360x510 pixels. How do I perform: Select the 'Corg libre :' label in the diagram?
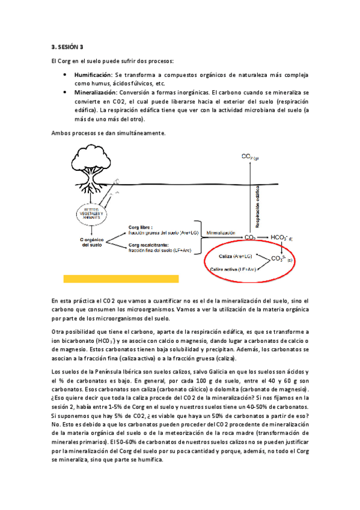(x=142, y=227)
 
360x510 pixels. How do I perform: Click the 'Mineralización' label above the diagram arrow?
(x=222, y=232)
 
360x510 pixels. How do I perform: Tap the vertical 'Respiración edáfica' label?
(x=257, y=199)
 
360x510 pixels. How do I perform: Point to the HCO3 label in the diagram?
(x=282, y=238)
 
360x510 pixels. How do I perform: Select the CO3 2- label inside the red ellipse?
(x=281, y=259)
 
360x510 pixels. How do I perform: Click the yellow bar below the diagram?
(x=121, y=278)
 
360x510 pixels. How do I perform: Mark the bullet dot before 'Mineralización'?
(x=65, y=93)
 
